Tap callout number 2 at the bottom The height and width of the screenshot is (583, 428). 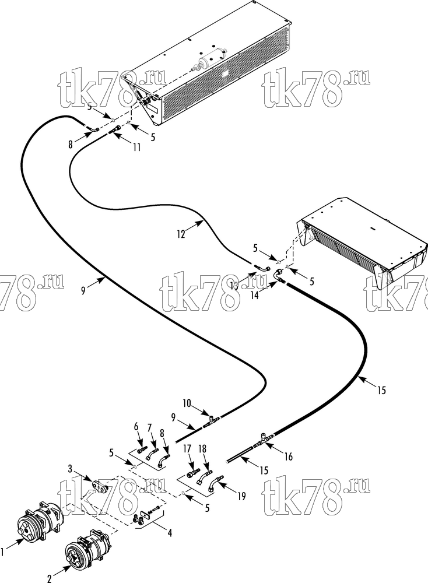click(49, 578)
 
